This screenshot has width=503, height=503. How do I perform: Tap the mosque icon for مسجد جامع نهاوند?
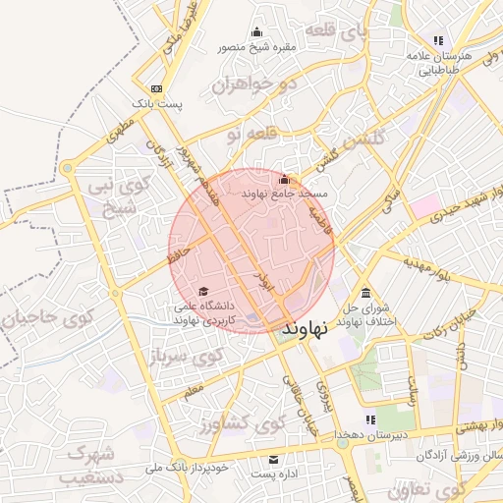click(x=285, y=179)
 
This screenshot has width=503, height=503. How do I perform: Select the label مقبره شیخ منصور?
click(x=258, y=45)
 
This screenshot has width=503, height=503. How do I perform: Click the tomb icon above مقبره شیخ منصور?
click(x=257, y=30)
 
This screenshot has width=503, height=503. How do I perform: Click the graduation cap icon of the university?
click(x=202, y=291)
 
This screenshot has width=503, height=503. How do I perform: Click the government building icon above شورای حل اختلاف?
click(x=365, y=293)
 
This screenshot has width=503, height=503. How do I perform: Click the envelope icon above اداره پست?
click(x=273, y=460)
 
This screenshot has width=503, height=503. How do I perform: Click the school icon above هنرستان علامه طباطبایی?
click(x=438, y=40)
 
